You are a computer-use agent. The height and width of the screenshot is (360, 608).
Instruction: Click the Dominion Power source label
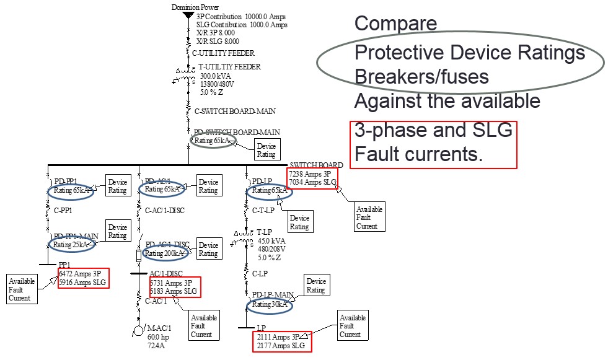[x=193, y=7]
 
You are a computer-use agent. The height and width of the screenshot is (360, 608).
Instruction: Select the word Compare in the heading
[x=395, y=24]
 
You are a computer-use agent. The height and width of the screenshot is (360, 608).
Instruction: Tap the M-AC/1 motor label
[x=159, y=328]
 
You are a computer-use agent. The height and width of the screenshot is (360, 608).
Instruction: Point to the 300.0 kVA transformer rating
[x=215, y=76]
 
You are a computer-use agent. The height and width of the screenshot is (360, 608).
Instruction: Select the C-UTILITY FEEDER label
[x=223, y=53]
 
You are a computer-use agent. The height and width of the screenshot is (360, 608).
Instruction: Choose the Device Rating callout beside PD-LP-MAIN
[x=315, y=286]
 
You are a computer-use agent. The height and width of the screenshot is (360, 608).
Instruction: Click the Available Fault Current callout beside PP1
[x=22, y=289]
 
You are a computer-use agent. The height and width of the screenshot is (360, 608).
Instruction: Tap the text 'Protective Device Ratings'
[x=469, y=53]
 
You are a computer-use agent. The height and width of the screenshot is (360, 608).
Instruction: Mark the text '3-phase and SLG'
[x=433, y=131]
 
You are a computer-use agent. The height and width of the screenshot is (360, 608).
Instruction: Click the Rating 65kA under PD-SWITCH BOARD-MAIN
[x=212, y=141]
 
